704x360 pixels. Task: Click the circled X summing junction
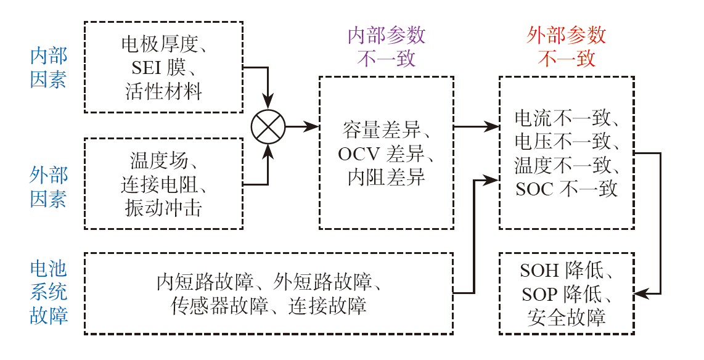tap(268, 127)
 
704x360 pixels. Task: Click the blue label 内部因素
tap(49, 68)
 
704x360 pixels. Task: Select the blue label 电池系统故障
tap(49, 292)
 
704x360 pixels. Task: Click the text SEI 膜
tap(163, 68)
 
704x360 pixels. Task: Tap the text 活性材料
tap(163, 91)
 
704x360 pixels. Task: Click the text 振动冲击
tap(163, 208)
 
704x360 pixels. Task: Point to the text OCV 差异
tap(387, 153)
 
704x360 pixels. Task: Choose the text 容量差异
tap(387, 130)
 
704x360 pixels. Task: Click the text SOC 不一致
tap(567, 188)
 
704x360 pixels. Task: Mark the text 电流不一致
tap(567, 118)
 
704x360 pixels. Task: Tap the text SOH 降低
tap(567, 271)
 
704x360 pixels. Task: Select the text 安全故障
tap(567, 317)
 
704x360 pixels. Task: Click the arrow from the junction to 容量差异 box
tap(302, 127)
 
